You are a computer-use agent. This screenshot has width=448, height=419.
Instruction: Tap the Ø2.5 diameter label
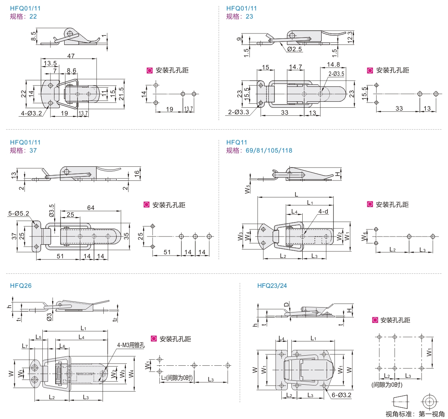[295, 49]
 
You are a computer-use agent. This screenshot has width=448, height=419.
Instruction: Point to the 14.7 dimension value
[296, 67]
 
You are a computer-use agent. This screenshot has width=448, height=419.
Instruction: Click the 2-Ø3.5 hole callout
[336, 74]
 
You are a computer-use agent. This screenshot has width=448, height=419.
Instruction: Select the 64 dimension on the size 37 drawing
[90, 208]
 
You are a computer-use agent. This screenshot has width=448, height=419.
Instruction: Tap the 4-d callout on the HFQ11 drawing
[323, 211]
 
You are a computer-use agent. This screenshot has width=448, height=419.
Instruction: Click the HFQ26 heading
[21, 286]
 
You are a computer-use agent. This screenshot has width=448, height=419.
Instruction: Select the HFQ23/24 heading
[272, 286]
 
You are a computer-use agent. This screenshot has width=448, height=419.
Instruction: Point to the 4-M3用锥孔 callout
[131, 345]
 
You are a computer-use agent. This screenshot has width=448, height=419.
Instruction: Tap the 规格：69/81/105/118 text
[259, 151]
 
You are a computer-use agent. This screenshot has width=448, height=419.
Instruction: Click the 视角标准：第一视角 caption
[415, 414]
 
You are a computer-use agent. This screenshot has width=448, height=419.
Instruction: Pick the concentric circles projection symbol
[429, 402]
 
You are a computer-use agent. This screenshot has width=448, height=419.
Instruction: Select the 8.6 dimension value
[71, 71]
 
